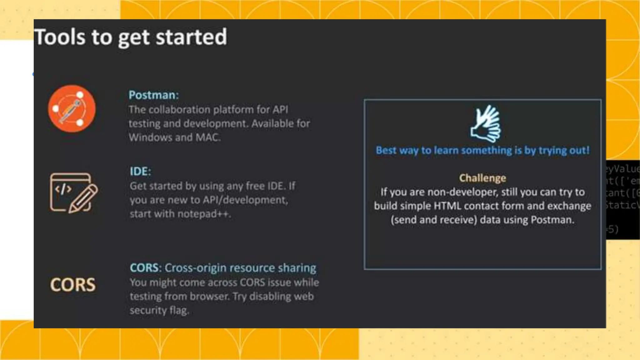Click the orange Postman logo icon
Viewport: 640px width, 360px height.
pyautogui.click(x=72, y=109)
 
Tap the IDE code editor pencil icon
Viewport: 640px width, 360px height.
pyautogui.click(x=74, y=193)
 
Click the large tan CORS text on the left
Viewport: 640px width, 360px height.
pyautogui.click(x=73, y=285)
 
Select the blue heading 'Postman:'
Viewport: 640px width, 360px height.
pyautogui.click(x=153, y=95)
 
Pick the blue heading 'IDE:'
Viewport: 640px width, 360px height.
pyautogui.click(x=140, y=171)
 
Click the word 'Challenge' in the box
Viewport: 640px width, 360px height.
pyautogui.click(x=482, y=178)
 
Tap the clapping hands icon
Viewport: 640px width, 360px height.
pyautogui.click(x=485, y=124)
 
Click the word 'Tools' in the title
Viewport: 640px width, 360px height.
pyautogui.click(x=59, y=37)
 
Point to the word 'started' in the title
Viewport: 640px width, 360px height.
pyautogui.click(x=191, y=37)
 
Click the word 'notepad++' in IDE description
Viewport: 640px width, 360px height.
pyautogui.click(x=204, y=214)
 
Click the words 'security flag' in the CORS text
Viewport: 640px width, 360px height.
pyautogui.click(x=159, y=310)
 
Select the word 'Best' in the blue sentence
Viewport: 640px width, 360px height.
pyautogui.click(x=386, y=150)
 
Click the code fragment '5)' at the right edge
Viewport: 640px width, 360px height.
pyautogui.click(x=613, y=229)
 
